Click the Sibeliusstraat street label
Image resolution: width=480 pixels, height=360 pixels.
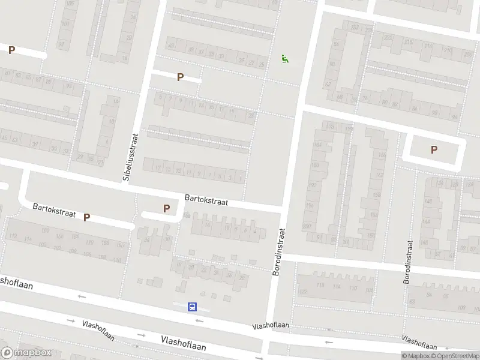pyautogui.click(x=129, y=158)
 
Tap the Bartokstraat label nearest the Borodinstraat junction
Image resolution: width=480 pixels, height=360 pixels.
pyautogui.click(x=206, y=199)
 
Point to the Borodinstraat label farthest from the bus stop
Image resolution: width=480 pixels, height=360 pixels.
pyautogui.click(x=409, y=262)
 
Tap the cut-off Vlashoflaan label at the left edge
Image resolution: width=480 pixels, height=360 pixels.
pyautogui.click(x=16, y=281)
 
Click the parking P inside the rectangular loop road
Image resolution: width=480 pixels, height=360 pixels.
pyautogui.click(x=434, y=150)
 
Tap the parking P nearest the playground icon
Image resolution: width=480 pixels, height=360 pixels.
pyautogui.click(x=179, y=77)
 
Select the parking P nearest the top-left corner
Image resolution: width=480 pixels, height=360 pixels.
pyautogui.click(x=11, y=50)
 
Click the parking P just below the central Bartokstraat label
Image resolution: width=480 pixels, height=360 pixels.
pyautogui.click(x=166, y=209)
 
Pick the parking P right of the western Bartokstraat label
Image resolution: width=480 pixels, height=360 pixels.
pyautogui.click(x=87, y=217)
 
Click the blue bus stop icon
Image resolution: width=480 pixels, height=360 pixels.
pyautogui.click(x=193, y=307)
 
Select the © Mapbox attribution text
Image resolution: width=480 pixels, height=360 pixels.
pyautogui.click(x=418, y=356)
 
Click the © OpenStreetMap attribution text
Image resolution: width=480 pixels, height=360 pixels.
pyautogui.click(x=457, y=356)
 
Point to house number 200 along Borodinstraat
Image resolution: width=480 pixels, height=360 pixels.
pyautogui.click(x=308, y=226)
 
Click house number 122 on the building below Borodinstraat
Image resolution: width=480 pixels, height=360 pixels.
pyautogui.click(x=303, y=292)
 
